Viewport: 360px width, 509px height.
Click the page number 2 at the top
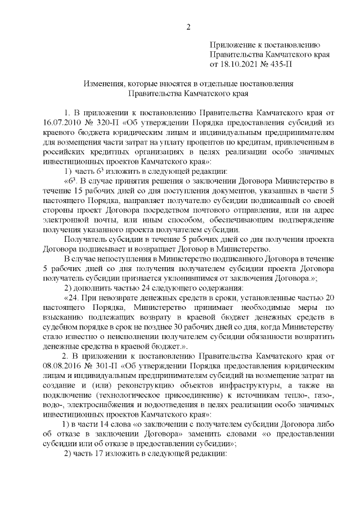189,26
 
